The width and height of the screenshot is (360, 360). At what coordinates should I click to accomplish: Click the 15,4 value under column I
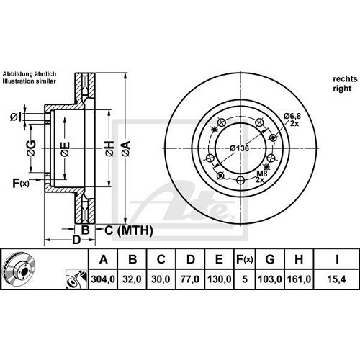pyautogui.click(x=333, y=276)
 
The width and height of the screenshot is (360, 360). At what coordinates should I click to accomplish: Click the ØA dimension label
pyautogui.click(x=125, y=149)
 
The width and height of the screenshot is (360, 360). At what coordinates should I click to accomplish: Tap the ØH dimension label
pyautogui.click(x=109, y=149)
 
